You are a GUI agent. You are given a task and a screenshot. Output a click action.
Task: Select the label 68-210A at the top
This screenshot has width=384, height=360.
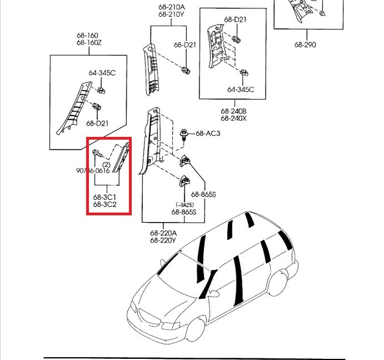point(171,7)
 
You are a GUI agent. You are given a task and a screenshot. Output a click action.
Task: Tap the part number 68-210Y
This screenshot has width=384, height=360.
point(171,14)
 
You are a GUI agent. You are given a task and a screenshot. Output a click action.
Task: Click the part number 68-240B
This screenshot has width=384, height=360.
point(233,111)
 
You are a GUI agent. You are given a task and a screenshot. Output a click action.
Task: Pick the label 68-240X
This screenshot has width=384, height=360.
point(233,119)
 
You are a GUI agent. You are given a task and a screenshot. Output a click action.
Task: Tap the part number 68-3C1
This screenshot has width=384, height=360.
point(105,197)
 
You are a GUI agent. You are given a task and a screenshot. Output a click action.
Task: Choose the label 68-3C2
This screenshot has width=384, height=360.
point(105,204)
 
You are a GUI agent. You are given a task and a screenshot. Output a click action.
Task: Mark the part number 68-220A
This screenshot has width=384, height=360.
point(163,233)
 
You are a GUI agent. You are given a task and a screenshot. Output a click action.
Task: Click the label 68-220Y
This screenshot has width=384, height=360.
point(163,240)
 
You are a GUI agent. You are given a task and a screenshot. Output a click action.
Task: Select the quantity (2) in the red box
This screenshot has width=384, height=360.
point(106,164)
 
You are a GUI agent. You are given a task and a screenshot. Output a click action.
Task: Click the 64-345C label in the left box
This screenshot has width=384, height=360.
point(102,73)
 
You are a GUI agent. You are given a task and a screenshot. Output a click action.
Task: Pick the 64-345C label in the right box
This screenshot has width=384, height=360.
point(241,89)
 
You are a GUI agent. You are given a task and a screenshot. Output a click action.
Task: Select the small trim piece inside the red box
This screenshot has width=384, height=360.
point(122,159)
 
